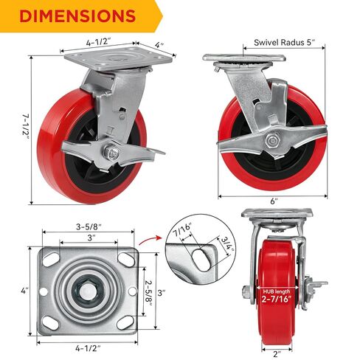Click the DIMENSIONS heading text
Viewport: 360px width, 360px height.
(x=77, y=16)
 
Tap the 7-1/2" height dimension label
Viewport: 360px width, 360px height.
(x=25, y=128)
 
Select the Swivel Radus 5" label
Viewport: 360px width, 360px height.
(x=284, y=42)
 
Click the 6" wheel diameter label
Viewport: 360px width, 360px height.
(x=274, y=201)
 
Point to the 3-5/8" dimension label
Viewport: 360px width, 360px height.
(x=89, y=226)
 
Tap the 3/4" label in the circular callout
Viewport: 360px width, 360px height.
(x=226, y=244)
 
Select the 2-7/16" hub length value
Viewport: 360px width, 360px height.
(x=277, y=300)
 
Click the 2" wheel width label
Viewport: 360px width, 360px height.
(x=277, y=354)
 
